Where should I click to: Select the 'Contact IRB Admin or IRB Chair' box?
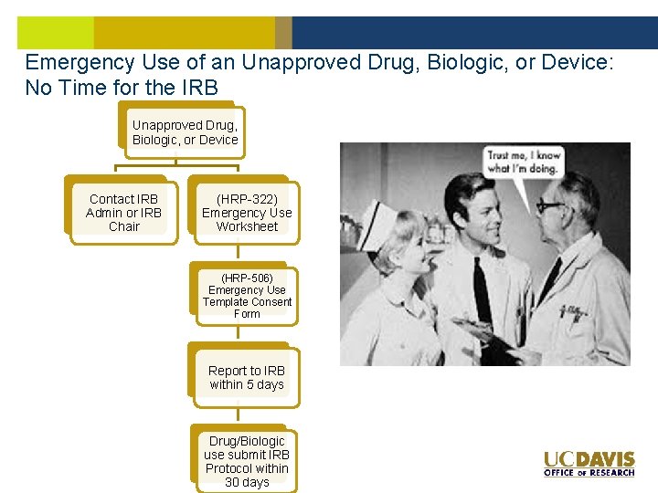pyautogui.click(x=123, y=213)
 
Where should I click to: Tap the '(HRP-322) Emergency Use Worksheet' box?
pyautogui.click(x=247, y=213)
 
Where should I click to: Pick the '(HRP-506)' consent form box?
pyautogui.click(x=247, y=295)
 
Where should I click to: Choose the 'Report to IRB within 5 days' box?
pyautogui.click(x=247, y=377)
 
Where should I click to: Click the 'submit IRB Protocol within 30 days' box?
pyautogui.click(x=247, y=461)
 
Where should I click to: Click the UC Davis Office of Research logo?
pyautogui.click(x=589, y=464)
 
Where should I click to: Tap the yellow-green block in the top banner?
pyautogui.click(x=55, y=32)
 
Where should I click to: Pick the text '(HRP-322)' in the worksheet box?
pyautogui.click(x=247, y=198)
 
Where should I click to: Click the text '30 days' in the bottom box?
pyautogui.click(x=247, y=482)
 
